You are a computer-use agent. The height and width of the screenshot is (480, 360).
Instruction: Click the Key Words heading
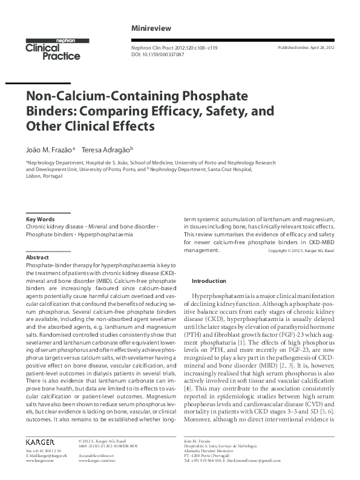coord(40,219)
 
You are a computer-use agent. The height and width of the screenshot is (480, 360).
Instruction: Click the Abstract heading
coord(38,257)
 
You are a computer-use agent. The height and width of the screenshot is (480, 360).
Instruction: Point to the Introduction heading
coord(208,281)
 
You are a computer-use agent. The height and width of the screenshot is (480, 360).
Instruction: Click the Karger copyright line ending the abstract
coord(301,250)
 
